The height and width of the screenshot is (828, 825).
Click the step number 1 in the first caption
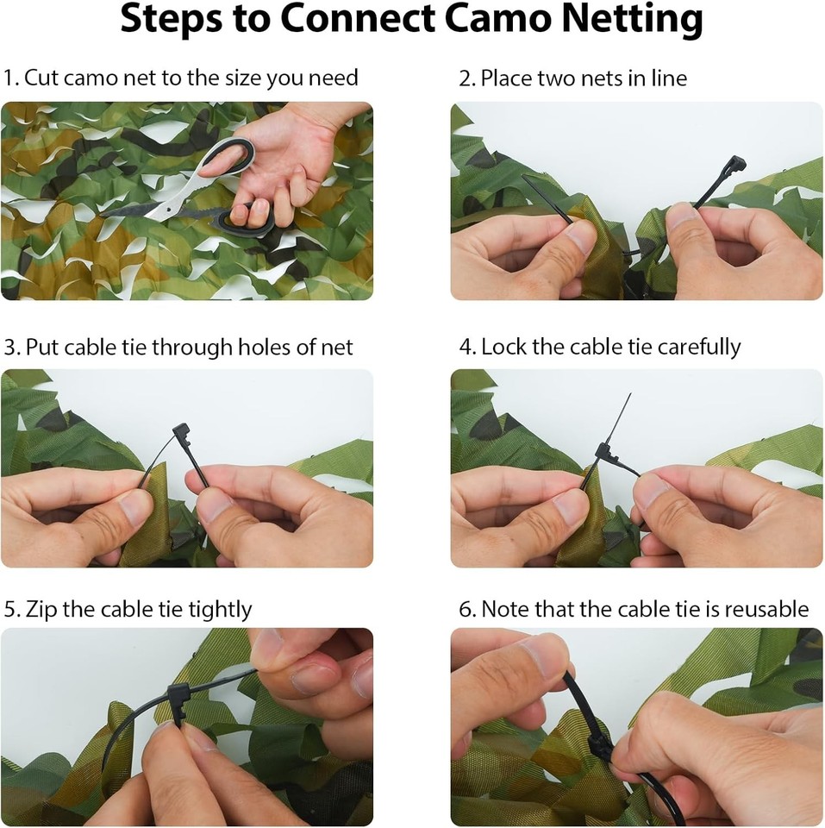[x=9, y=78]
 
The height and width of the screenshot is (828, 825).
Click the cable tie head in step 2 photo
[x=733, y=165]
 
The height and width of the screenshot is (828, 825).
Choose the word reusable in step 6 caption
[x=766, y=609]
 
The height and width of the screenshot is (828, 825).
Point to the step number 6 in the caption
[x=466, y=609]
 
